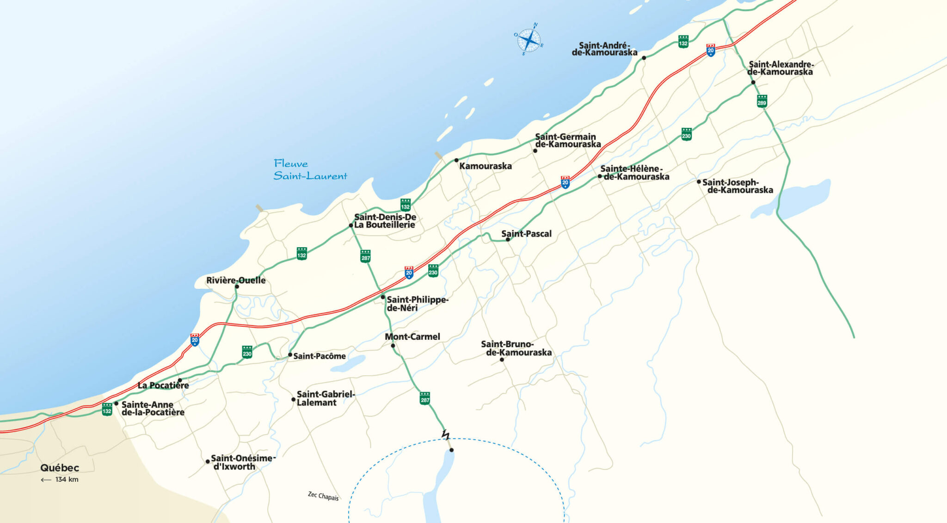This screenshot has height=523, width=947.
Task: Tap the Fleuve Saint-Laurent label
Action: [310, 170]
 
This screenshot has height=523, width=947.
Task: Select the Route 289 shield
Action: [762, 101]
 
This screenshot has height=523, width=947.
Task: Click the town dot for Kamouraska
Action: [456, 160]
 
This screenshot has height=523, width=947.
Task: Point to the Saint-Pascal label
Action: [527, 234]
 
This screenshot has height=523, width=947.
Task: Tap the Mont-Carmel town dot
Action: [393, 346]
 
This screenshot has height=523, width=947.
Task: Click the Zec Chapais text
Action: [323, 496]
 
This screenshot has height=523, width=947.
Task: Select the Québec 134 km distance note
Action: [60, 473]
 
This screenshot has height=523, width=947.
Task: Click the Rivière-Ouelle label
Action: [236, 280]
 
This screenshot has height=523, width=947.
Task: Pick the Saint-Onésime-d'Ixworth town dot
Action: [208, 461]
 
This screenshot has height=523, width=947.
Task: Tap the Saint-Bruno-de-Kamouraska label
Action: [516, 348]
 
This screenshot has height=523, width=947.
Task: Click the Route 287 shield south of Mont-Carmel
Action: [425, 398]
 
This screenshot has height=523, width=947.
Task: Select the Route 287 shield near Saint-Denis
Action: [365, 256]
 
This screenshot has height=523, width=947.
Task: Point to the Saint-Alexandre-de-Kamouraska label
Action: [781, 68]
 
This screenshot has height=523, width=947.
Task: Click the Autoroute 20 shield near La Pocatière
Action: [195, 340]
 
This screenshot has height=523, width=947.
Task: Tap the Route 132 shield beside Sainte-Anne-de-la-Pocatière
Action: [107, 409]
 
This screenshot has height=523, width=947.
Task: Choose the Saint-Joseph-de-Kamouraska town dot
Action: [699, 181]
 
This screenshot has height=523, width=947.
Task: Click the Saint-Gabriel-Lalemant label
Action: [325, 398]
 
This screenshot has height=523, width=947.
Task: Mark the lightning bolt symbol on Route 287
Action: [445, 435]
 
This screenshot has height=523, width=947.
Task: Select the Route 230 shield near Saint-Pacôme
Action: [247, 352]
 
